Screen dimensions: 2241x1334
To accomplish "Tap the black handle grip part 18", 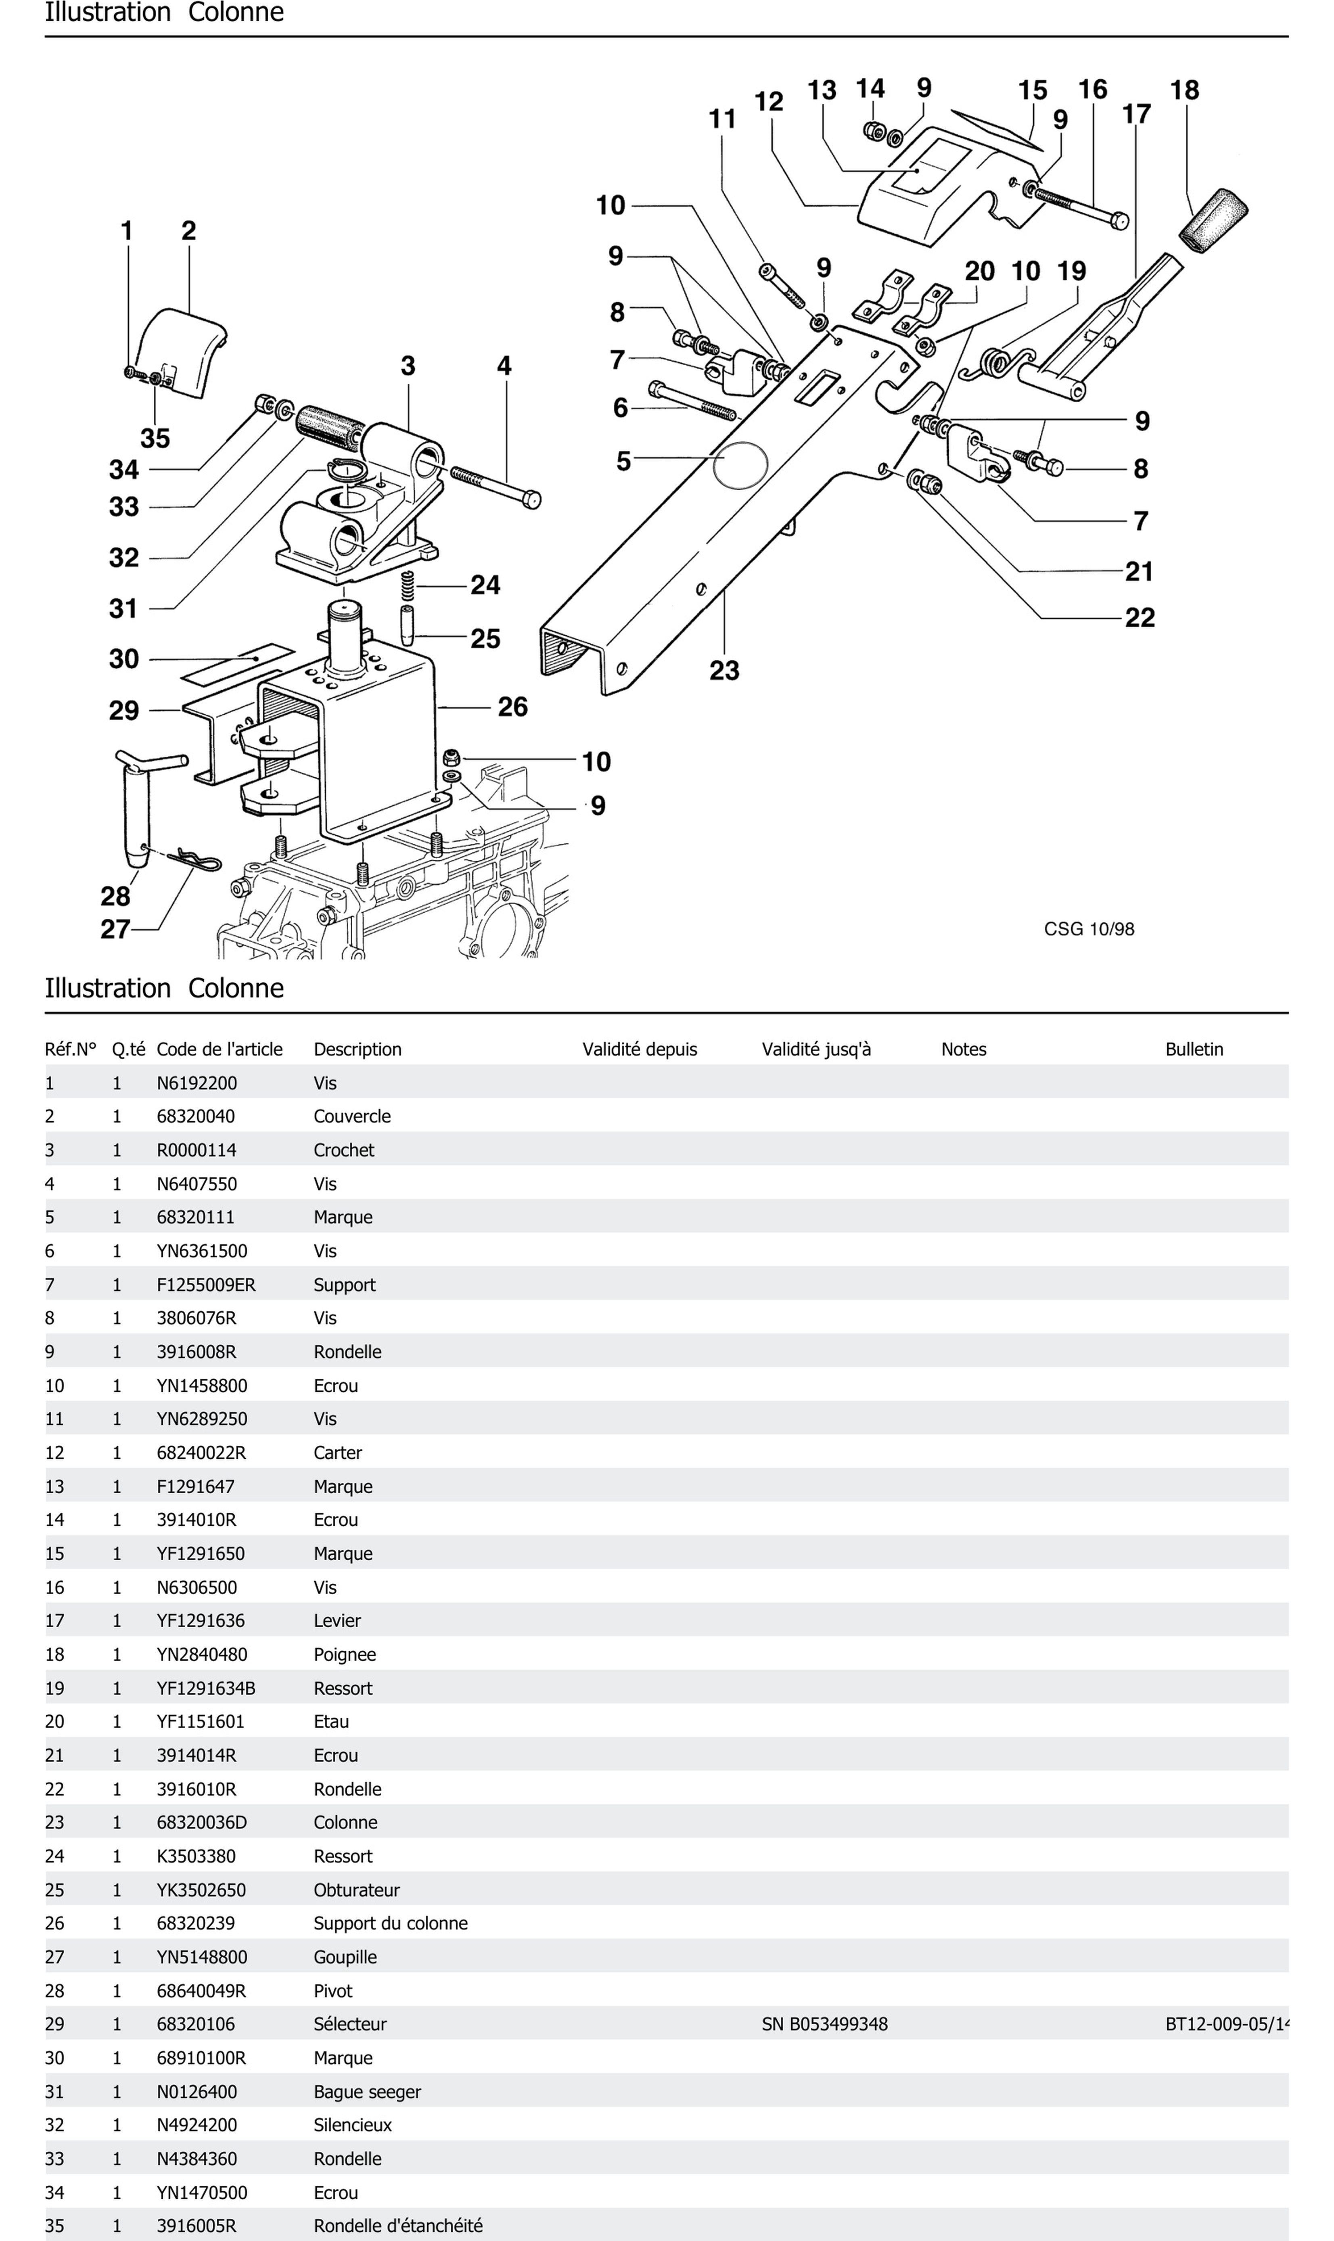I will point(1213,220).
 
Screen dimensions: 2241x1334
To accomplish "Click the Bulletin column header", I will point(1194,1049).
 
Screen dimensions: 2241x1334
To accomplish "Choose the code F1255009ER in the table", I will point(206,1285).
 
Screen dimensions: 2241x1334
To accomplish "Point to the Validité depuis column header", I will point(639,1049).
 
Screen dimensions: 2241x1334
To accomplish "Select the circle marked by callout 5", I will point(740,465).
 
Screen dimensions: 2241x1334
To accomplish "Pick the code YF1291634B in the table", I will point(206,1688).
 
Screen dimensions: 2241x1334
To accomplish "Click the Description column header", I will point(357,1049).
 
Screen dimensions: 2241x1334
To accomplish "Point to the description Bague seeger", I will point(367,2092).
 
